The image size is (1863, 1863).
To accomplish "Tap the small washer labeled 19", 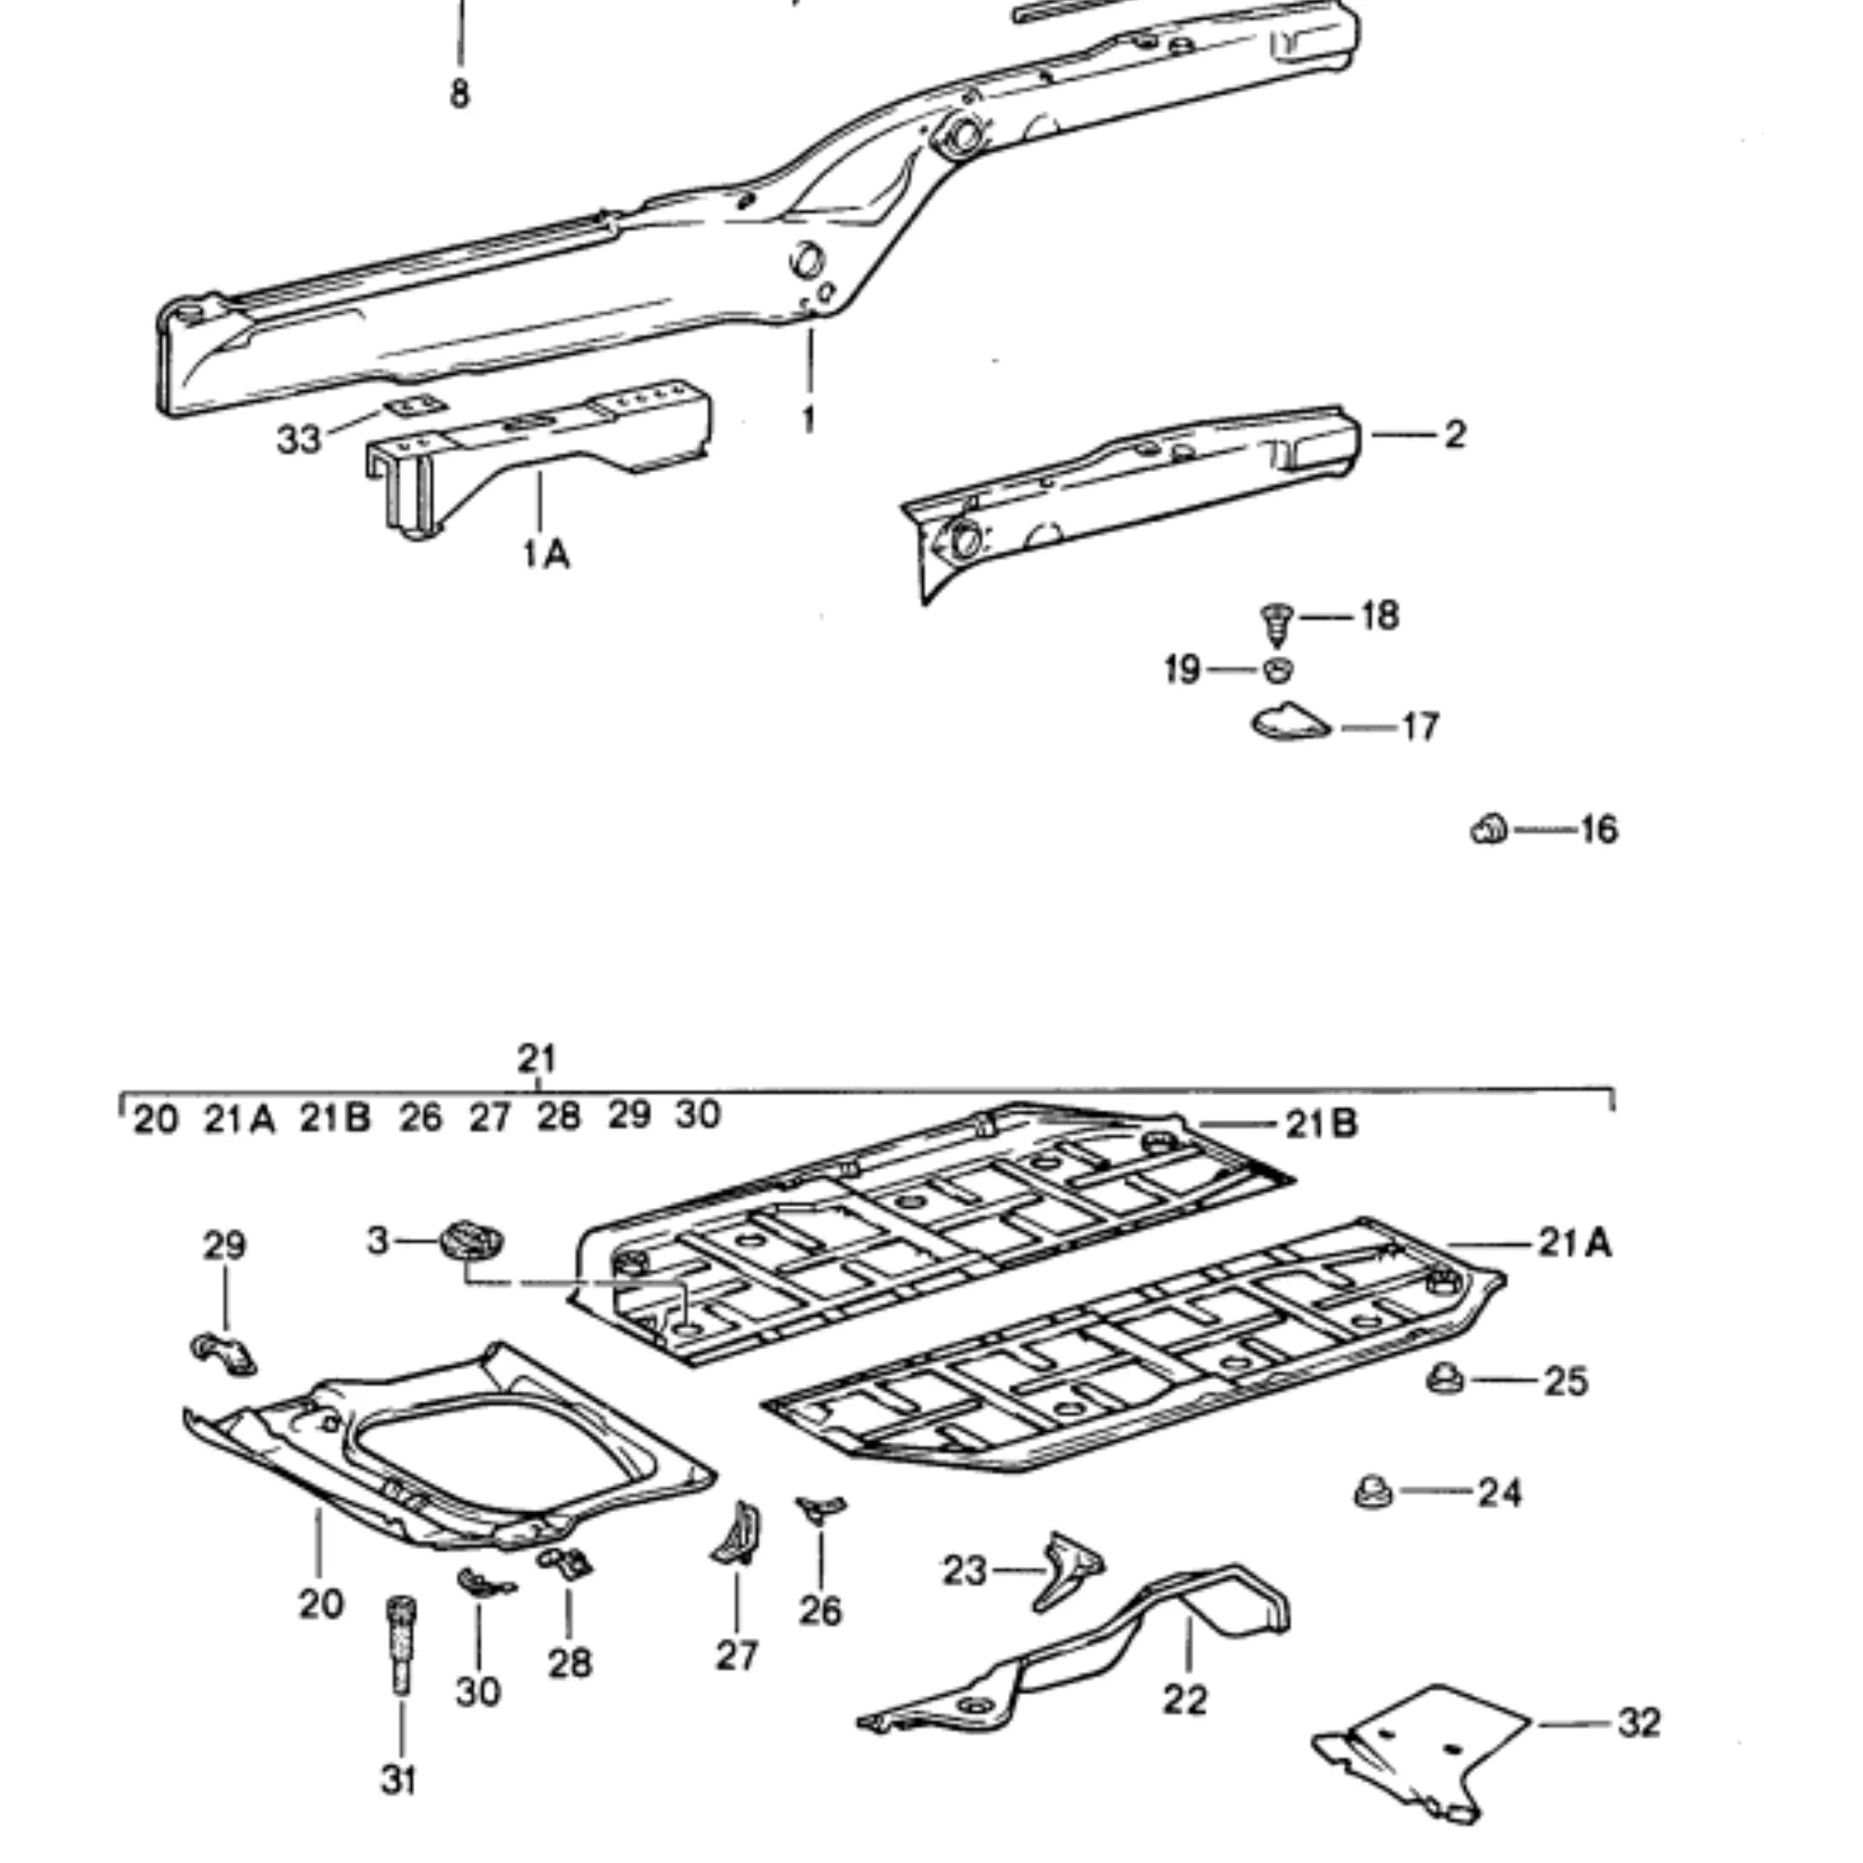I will (x=1278, y=669).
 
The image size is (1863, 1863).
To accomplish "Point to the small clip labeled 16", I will (x=1489, y=829).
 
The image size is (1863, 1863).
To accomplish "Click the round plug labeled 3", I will (x=471, y=1240).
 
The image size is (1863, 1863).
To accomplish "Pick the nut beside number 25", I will (x=1445, y=1379).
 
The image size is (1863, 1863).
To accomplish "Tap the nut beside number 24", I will (x=1372, y=1492).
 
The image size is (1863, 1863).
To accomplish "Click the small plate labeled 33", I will (x=411, y=407).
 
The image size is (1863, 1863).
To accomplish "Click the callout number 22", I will (x=1185, y=1699).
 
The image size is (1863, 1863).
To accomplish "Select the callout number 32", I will (x=1638, y=1722).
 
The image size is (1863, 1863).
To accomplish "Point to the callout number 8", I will (x=460, y=94).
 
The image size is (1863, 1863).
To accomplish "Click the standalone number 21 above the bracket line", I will (x=537, y=1058).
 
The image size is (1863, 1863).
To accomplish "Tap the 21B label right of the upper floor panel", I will (x=1321, y=1123).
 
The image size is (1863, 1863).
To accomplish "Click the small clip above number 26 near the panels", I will (x=819, y=1507).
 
